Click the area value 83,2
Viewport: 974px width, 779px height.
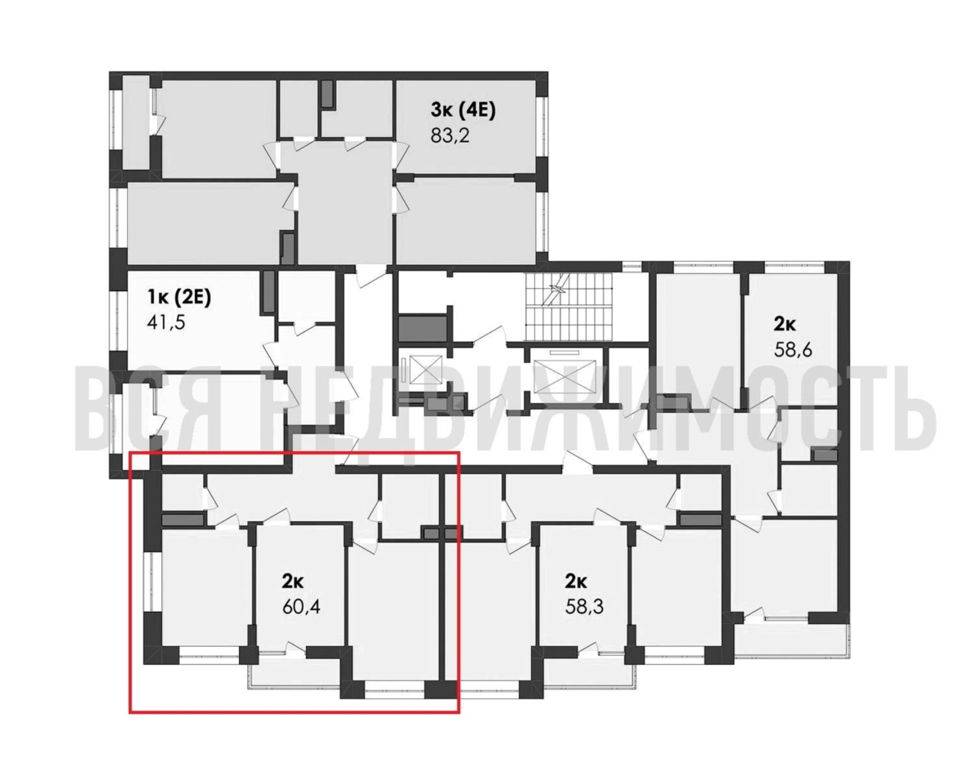(450, 135)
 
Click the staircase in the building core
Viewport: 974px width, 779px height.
(568, 307)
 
